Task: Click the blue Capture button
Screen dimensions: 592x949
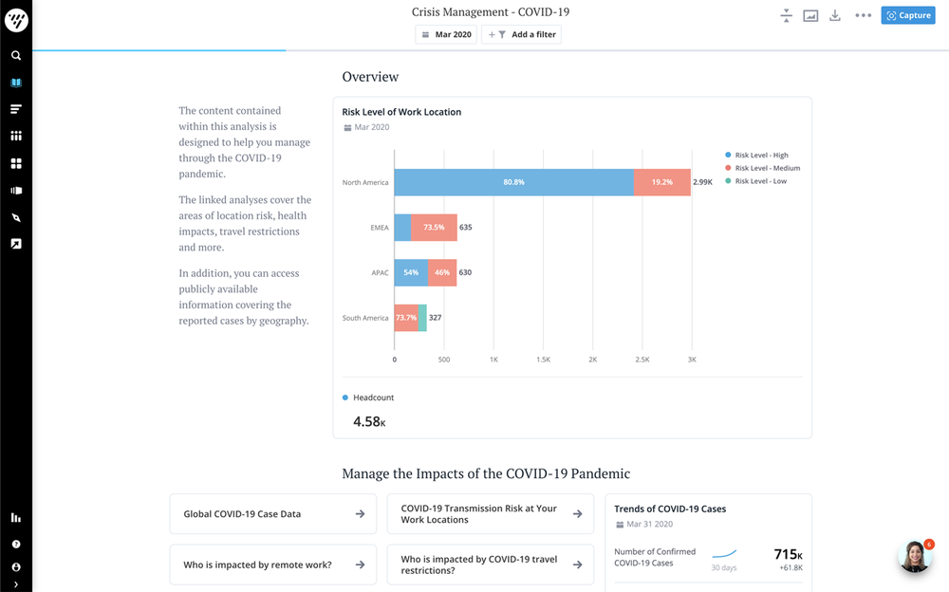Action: pyautogui.click(x=907, y=15)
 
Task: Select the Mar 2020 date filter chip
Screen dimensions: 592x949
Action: pyautogui.click(x=446, y=35)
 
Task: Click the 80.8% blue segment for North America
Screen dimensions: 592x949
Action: pyautogui.click(x=513, y=182)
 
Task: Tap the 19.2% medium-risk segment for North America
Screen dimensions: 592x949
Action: pyautogui.click(x=661, y=182)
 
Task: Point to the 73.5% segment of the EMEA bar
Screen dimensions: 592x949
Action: pyautogui.click(x=434, y=228)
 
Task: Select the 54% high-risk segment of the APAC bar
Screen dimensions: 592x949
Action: pyautogui.click(x=411, y=272)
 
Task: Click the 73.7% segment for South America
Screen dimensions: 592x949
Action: pyautogui.click(x=405, y=318)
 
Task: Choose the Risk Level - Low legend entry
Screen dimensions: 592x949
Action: pyautogui.click(x=760, y=181)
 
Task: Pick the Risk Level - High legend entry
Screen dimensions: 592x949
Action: pyautogui.click(x=761, y=155)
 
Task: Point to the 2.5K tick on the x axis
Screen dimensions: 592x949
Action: pyautogui.click(x=642, y=361)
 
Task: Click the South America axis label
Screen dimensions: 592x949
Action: pyautogui.click(x=365, y=318)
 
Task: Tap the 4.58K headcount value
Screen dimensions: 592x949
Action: pyautogui.click(x=369, y=421)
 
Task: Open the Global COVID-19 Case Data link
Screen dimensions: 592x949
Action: pyautogui.click(x=272, y=514)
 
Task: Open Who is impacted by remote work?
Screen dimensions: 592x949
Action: pyautogui.click(x=272, y=564)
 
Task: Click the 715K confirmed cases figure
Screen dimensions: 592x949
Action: pyautogui.click(x=788, y=554)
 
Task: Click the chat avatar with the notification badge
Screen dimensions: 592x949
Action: pyautogui.click(x=915, y=557)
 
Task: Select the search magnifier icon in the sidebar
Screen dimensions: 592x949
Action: pyautogui.click(x=16, y=56)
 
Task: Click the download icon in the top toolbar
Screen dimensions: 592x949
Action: pyautogui.click(x=835, y=15)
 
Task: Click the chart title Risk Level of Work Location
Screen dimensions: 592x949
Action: pyautogui.click(x=401, y=112)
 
